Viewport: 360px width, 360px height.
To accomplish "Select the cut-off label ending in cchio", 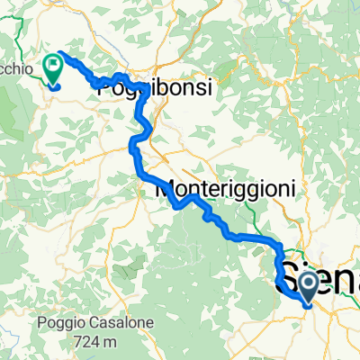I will pos(18,68).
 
